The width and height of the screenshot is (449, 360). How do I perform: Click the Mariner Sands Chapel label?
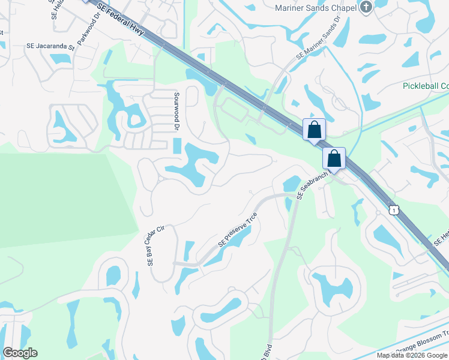point(315,8)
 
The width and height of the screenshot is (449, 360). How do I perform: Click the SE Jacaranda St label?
point(50,46)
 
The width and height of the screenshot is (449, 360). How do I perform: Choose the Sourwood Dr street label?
point(177,111)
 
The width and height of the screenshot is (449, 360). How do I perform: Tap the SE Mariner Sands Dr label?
point(319,37)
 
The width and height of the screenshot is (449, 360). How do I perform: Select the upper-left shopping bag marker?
point(314,130)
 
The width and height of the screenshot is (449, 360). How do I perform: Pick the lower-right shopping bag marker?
point(334,158)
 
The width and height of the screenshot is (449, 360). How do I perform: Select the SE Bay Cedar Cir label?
point(155,246)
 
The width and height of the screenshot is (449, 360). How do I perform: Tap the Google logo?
point(20,353)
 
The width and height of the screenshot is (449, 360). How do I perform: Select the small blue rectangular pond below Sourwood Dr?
point(177,146)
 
